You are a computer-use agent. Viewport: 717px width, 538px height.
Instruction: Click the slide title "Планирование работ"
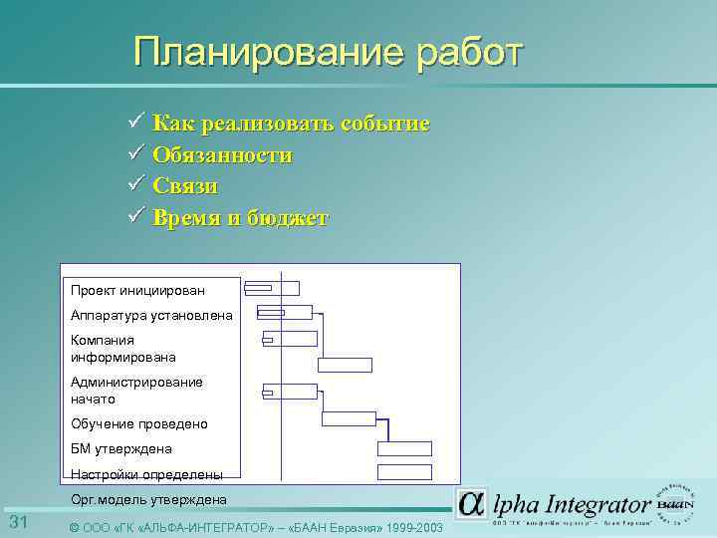point(328,53)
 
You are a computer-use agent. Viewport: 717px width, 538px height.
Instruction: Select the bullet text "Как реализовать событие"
point(291,124)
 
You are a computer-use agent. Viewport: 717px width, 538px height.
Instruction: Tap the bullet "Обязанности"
point(222,155)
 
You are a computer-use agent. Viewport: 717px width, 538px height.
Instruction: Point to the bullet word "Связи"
point(185,186)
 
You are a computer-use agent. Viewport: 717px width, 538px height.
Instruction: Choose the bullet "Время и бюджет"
point(240,218)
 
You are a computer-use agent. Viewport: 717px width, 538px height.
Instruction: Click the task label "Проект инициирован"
point(137,290)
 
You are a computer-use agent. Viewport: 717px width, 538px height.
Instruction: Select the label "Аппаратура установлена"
point(151,315)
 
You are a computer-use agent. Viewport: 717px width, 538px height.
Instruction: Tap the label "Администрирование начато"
point(136,390)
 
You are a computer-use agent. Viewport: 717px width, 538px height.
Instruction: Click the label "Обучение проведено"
point(139,423)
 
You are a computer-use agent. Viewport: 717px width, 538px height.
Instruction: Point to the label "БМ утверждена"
point(121,448)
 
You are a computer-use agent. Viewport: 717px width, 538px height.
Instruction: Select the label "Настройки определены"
point(146,474)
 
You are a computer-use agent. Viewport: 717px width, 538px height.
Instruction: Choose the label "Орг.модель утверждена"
point(148,499)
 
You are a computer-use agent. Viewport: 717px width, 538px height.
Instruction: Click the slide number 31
point(19,523)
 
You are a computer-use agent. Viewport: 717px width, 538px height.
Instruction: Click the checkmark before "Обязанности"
point(137,154)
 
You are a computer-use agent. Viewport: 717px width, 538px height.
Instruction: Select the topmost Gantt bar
point(272,288)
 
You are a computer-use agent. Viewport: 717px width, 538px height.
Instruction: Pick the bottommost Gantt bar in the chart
point(404,471)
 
